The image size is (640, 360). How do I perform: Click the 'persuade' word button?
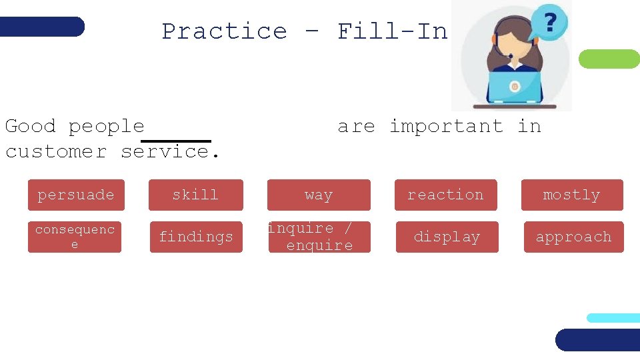[76, 195]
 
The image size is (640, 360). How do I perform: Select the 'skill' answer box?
[195, 195]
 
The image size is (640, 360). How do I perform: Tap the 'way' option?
[319, 195]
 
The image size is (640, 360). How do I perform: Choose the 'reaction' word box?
[445, 195]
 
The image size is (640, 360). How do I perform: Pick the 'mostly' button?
[572, 195]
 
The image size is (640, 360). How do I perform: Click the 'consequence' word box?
[75, 237]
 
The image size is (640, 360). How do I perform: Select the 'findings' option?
[196, 237]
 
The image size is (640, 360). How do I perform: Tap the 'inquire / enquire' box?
[319, 237]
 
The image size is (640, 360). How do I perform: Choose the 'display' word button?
[447, 237]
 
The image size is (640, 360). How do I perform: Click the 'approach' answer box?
[573, 237]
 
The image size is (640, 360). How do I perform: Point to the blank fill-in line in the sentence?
[176, 141]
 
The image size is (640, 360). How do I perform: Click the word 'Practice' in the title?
[224, 31]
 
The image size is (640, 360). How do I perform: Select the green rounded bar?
[609, 59]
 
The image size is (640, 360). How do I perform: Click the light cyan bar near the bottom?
[613, 318]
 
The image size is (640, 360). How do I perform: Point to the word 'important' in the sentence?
[446, 126]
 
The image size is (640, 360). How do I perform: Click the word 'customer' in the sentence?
[56, 151]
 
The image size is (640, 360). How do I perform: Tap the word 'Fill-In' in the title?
[392, 31]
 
